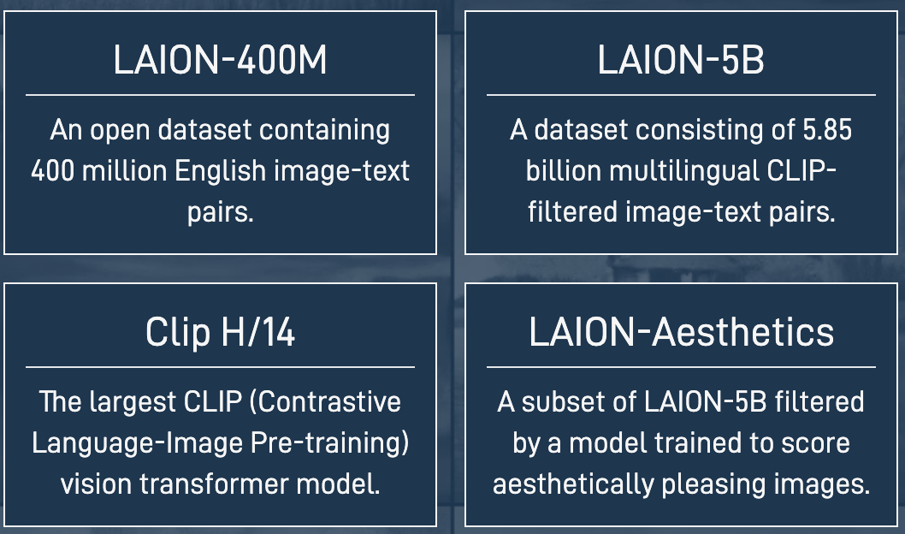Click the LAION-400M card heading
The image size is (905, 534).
click(x=220, y=60)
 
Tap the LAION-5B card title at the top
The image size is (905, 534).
click(x=681, y=60)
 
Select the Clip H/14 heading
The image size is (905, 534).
click(x=220, y=332)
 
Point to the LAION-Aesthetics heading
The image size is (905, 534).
click(x=681, y=332)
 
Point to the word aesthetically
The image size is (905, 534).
click(x=573, y=484)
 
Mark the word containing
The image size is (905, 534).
click(x=324, y=130)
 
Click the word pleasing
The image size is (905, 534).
click(x=713, y=485)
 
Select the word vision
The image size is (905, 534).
click(x=96, y=484)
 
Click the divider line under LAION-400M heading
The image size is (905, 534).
click(x=220, y=95)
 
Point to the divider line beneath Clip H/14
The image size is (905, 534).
click(x=220, y=366)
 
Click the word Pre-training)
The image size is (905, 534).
click(x=329, y=443)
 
